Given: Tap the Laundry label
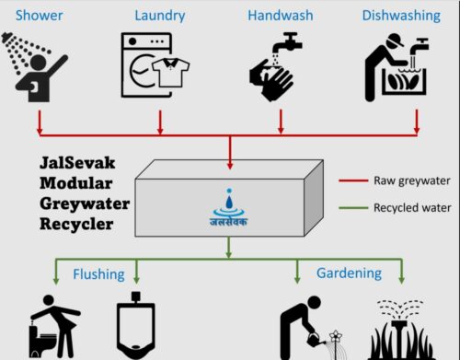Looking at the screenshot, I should click(159, 16).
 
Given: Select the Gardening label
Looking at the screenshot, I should click(349, 273).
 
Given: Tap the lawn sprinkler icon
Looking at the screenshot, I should click(402, 330).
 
